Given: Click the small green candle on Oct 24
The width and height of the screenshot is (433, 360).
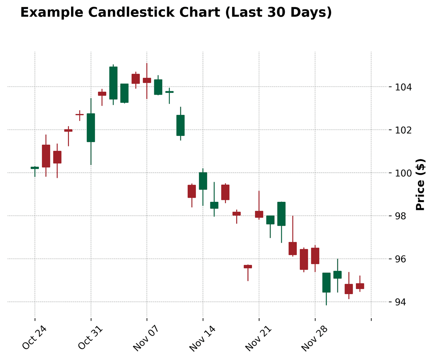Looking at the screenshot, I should coord(35,168).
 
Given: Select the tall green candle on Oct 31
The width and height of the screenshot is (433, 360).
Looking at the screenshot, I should coord(91,128).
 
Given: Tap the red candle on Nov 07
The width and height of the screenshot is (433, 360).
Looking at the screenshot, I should coord(147,80).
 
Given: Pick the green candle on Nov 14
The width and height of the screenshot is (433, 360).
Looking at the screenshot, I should coord(203,181).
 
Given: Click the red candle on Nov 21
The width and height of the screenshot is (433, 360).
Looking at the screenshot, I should coord(259,214).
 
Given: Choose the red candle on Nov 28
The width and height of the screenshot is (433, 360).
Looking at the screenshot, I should coord(315,256).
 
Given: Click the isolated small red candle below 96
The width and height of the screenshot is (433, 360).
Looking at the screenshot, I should coord(248,267).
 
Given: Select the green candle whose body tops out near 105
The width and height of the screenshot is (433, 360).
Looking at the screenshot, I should coord(113,83).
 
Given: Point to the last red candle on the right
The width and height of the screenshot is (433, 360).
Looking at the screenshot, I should coord(360,286).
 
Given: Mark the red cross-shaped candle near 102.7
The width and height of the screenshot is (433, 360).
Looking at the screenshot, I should coord(79,115).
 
